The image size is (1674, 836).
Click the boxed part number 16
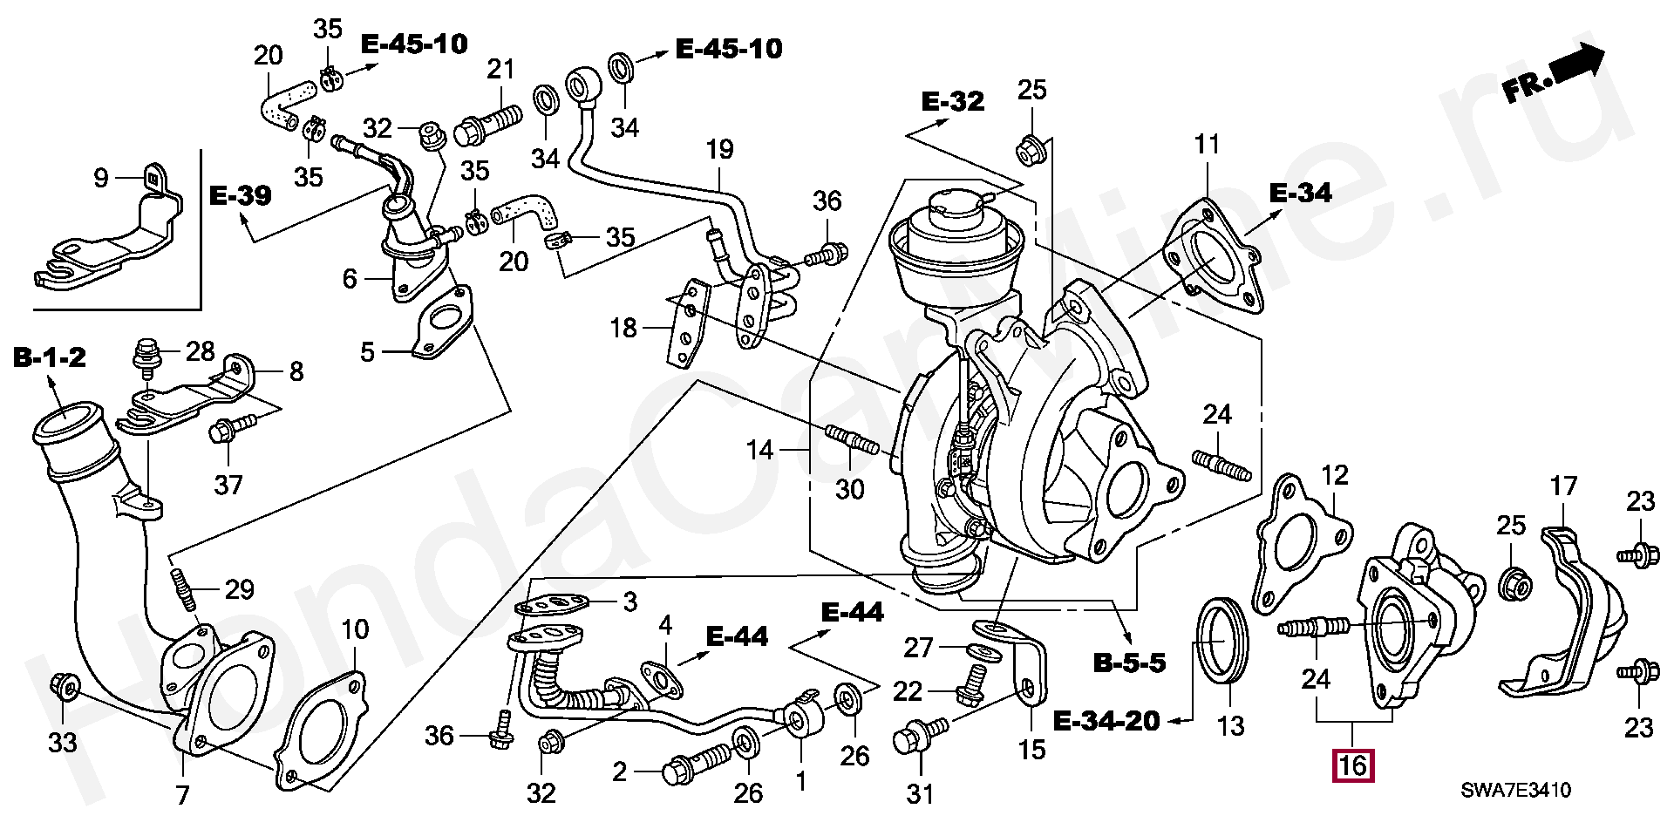point(1352,766)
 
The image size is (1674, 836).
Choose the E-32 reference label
point(953,101)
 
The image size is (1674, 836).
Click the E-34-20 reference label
point(1106,721)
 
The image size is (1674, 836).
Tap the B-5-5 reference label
point(1129,663)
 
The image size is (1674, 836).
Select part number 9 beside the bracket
point(101,178)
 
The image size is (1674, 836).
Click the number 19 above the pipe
point(719,149)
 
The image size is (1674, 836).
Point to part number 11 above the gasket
point(1207,144)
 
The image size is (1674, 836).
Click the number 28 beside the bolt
point(200,352)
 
